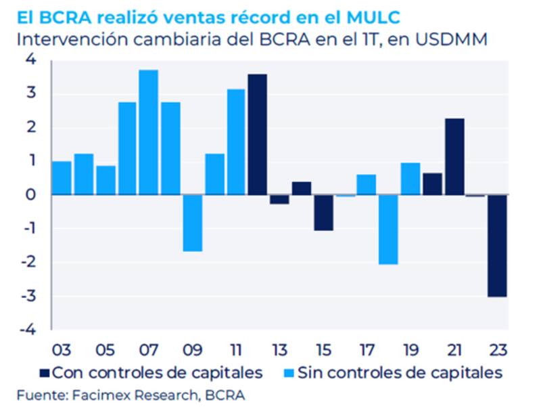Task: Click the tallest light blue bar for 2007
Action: tap(149, 132)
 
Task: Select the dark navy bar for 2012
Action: tap(258, 134)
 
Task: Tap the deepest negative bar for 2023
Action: tap(497, 245)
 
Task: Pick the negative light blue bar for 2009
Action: tap(192, 223)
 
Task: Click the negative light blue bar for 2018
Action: tap(388, 229)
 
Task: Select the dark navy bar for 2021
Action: tap(454, 156)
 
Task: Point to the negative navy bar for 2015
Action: tap(323, 212)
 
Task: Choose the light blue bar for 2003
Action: tap(62, 177)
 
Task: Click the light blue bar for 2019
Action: tap(410, 178)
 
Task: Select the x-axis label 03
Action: tap(62, 351)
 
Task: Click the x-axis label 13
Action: tap(279, 351)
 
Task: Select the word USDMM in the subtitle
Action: tap(453, 39)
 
